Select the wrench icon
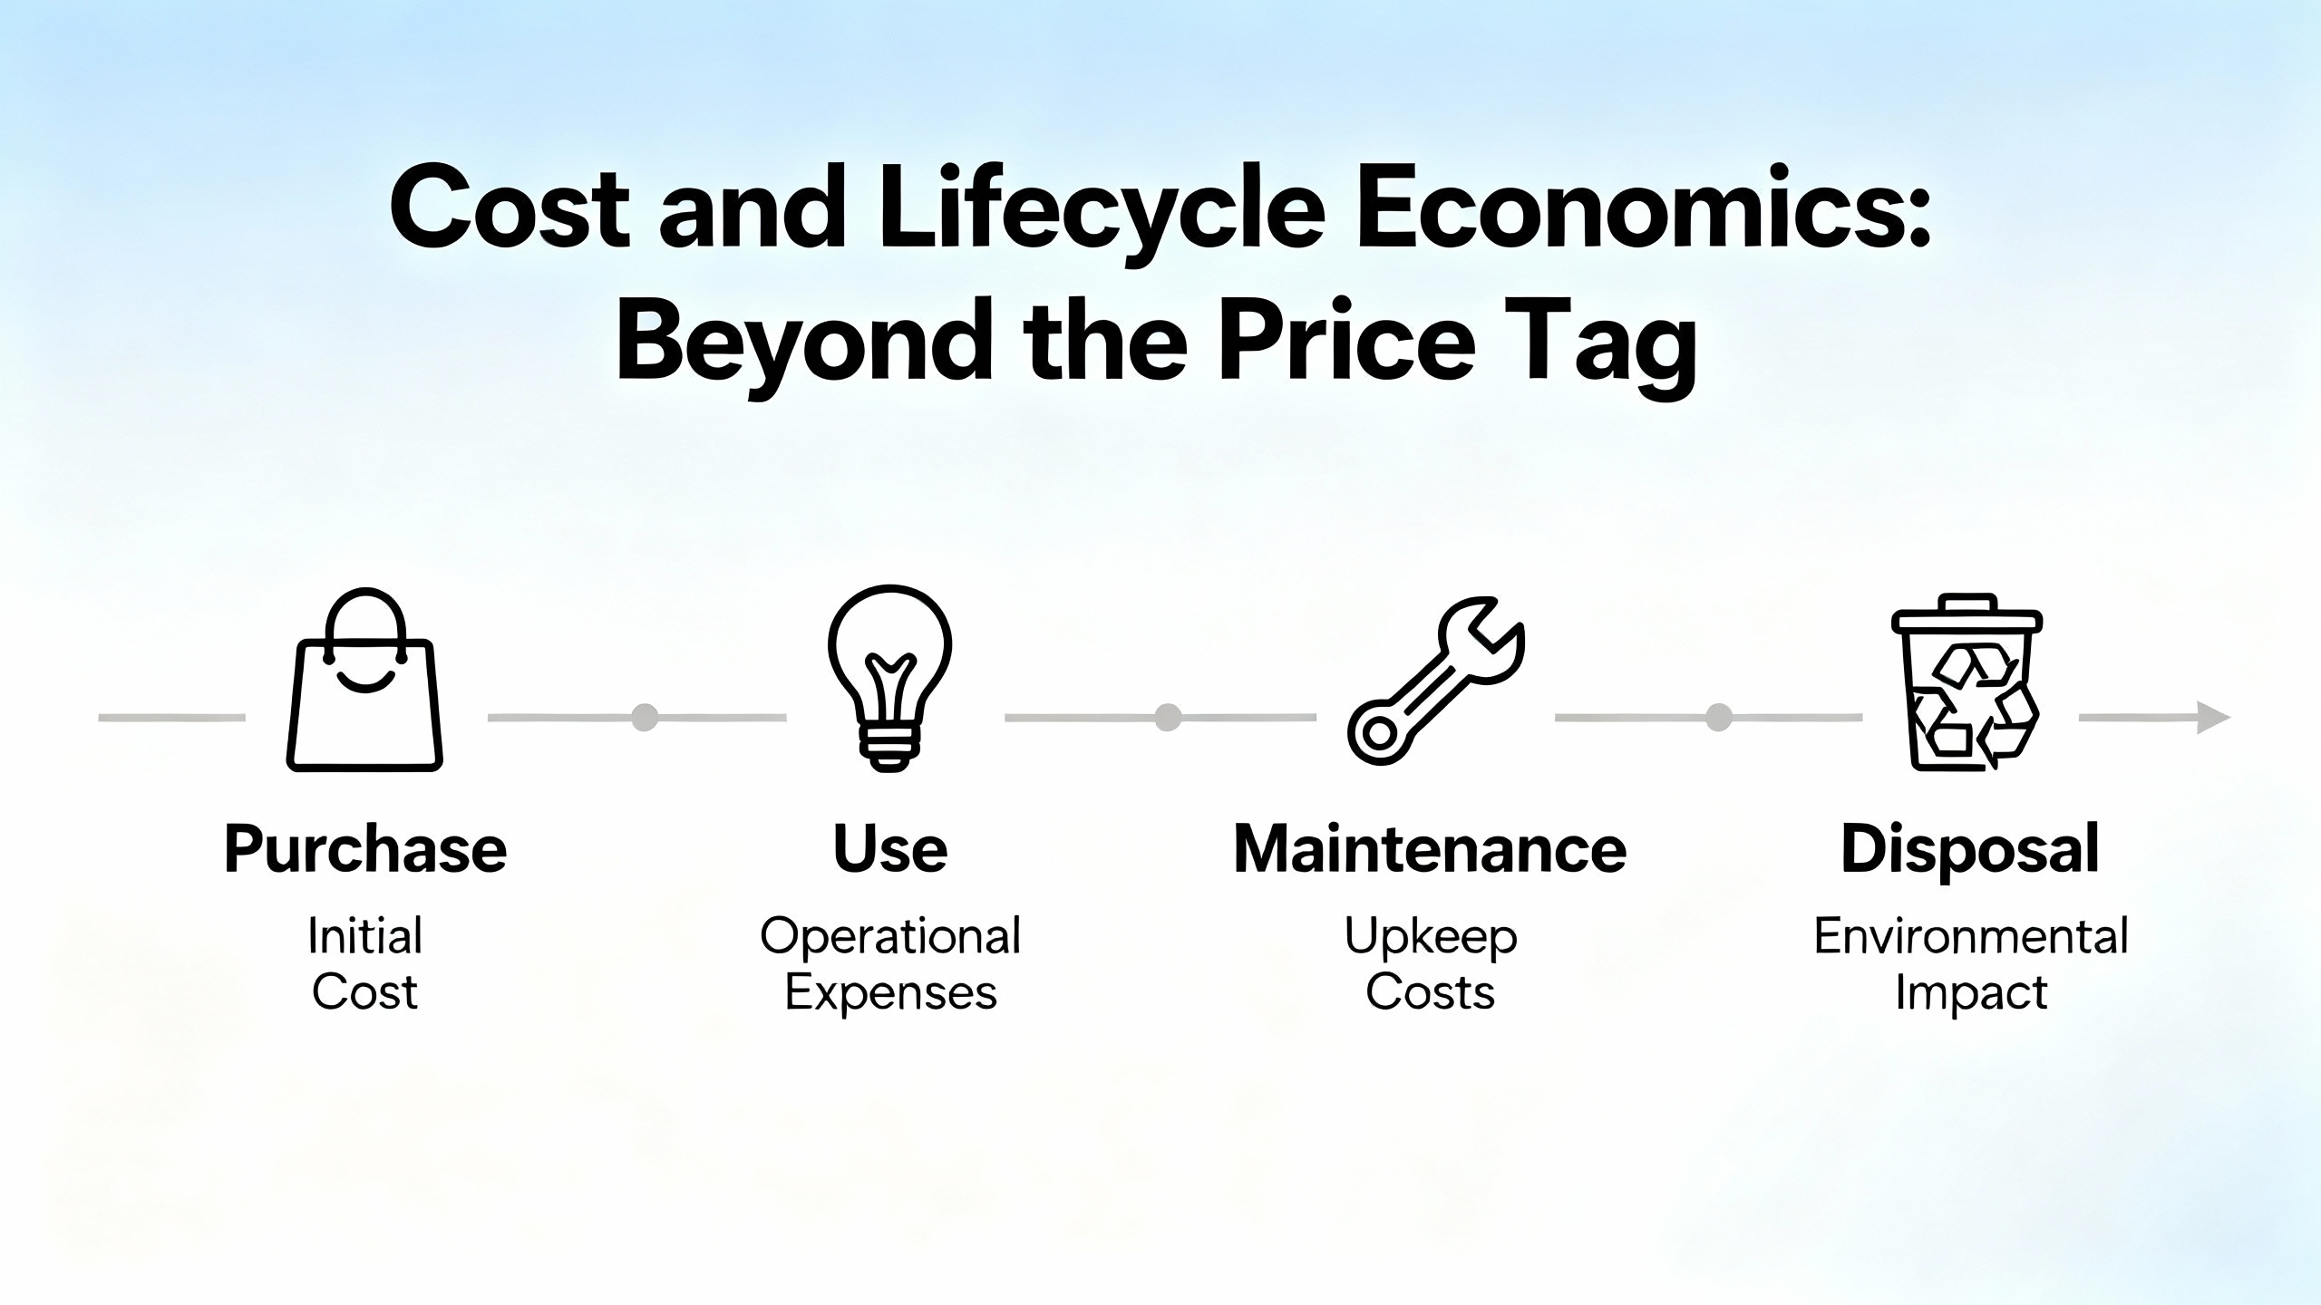(1436, 681)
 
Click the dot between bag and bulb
(645, 717)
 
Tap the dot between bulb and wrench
(1168, 717)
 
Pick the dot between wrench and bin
(1718, 717)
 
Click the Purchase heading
(365, 850)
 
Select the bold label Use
(890, 849)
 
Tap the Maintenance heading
(1431, 849)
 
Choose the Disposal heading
(1970, 850)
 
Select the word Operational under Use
(890, 935)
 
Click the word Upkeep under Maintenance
(1431, 937)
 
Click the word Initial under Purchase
(365, 935)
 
